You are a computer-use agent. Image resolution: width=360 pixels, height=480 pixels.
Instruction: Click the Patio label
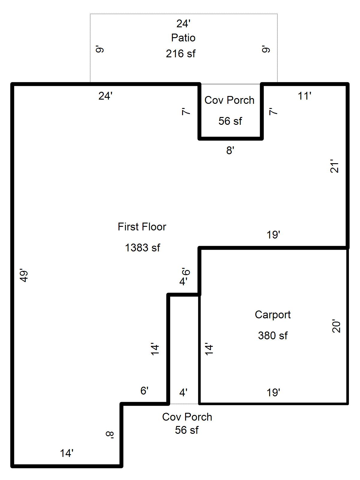point(183,38)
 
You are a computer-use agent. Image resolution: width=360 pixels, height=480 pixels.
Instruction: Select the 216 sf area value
point(181,54)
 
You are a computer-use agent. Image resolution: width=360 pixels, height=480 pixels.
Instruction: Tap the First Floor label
point(142,227)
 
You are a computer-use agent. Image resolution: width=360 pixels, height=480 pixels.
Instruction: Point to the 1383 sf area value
point(142,248)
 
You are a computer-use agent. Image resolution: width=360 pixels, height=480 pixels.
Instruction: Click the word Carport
point(273,315)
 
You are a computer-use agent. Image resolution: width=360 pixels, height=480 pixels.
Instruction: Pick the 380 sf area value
point(273,335)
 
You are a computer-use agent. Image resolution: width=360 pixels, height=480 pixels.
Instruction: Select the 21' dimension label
point(334,167)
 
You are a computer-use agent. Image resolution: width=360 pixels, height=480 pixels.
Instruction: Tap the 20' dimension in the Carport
point(337,327)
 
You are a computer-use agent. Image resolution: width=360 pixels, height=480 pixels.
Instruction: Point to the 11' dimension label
point(304,96)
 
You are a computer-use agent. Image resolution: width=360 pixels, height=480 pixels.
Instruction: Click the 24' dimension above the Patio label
point(183,23)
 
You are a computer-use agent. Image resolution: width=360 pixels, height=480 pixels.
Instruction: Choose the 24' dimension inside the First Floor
point(105,96)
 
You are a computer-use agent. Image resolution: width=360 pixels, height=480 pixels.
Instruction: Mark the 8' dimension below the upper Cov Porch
point(230,151)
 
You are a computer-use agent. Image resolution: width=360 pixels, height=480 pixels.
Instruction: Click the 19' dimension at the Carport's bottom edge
point(273,392)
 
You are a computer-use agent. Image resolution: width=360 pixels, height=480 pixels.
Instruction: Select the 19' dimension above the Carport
point(273,235)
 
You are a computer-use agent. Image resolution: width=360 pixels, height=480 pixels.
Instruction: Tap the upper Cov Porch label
point(229,100)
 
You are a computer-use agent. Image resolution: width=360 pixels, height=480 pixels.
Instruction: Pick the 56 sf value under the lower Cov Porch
point(187,430)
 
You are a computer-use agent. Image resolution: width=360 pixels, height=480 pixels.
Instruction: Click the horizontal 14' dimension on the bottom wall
point(67,453)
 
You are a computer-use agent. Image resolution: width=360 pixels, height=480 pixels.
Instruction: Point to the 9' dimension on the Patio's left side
point(100,49)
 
